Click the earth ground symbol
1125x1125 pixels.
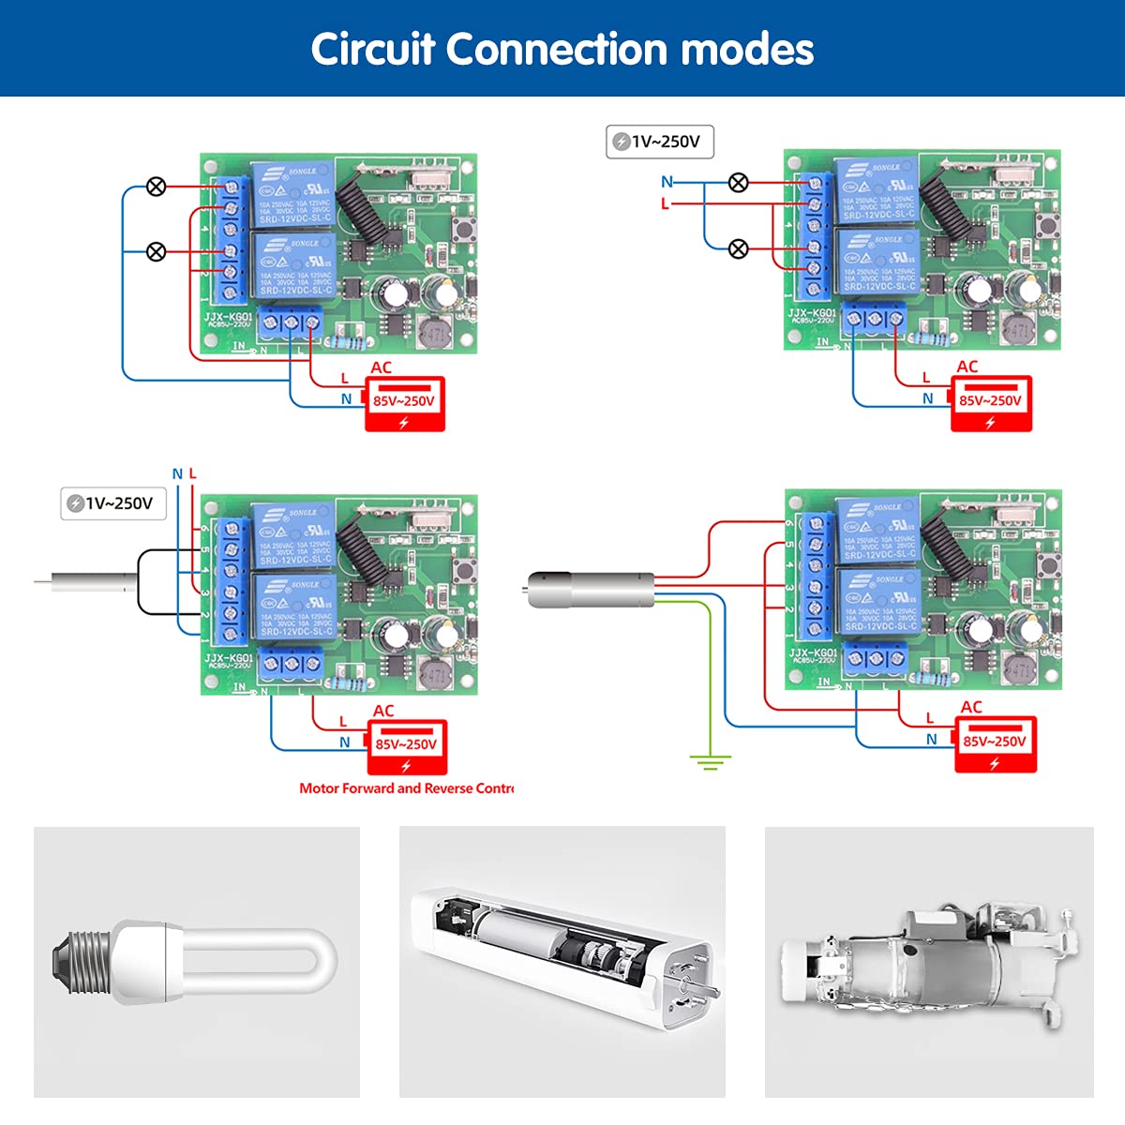[710, 761]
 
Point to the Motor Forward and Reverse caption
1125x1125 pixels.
[406, 788]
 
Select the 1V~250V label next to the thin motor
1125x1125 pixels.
[113, 503]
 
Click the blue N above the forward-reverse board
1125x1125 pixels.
[177, 474]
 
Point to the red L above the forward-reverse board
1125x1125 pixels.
[193, 474]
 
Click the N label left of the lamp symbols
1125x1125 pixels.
[667, 182]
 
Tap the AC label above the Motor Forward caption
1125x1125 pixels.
[383, 711]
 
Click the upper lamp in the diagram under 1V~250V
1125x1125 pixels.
[739, 183]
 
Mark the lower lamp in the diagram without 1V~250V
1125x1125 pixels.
[157, 251]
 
